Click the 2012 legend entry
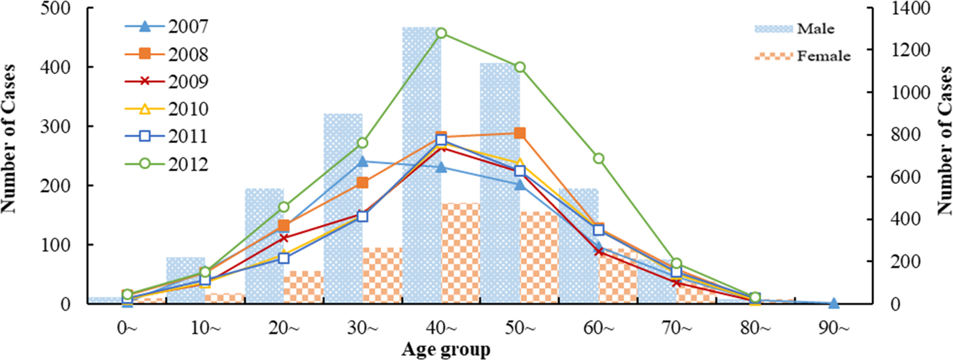click(167, 164)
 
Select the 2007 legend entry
click(167, 27)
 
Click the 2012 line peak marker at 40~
click(441, 33)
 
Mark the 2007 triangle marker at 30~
click(362, 161)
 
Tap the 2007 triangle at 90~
click(834, 303)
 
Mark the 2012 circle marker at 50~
click(520, 67)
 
